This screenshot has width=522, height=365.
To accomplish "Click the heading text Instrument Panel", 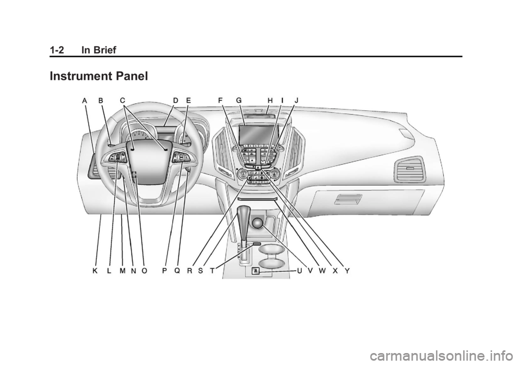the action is (98, 77).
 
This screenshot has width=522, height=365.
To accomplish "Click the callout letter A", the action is (85, 100).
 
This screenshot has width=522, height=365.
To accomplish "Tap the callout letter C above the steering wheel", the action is (123, 100).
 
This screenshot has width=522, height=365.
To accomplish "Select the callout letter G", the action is (239, 100).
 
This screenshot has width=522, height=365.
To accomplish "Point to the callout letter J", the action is (296, 100).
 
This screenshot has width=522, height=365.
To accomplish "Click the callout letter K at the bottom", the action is (95, 270).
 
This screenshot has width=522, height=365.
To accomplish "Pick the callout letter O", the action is (144, 270).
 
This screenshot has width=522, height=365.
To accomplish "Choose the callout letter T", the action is (212, 270).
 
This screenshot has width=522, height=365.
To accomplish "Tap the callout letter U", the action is (299, 270).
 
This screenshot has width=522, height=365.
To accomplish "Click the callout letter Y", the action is (347, 270).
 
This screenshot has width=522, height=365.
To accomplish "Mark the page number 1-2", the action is (56, 50).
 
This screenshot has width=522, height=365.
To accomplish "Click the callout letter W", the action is (322, 270).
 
